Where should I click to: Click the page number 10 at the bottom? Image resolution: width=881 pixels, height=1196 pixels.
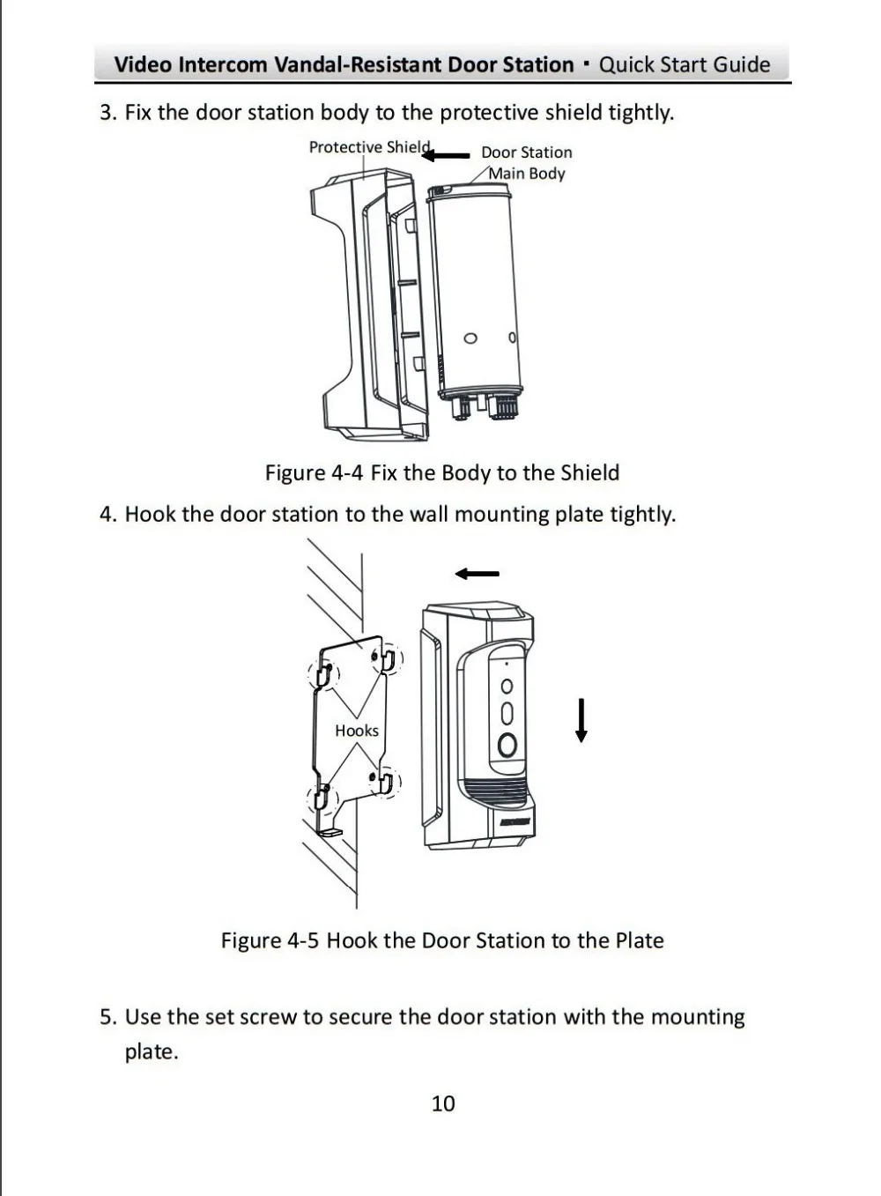[x=443, y=1103]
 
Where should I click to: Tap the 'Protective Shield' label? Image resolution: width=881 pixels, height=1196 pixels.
[x=369, y=147]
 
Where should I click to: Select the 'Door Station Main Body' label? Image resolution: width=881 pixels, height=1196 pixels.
[x=527, y=163]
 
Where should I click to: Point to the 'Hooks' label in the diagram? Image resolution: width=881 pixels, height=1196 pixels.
[x=357, y=731]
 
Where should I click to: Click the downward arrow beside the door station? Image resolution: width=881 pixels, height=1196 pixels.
[x=581, y=719]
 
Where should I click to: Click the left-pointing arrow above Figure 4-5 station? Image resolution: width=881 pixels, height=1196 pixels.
[x=477, y=575]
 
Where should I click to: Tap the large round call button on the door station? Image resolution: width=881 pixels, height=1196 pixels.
[x=507, y=745]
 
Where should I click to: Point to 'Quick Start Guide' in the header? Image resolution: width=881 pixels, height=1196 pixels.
[x=684, y=64]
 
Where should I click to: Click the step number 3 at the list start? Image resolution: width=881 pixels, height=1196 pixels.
[x=107, y=113]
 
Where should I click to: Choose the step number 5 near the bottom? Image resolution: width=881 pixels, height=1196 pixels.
[x=107, y=1017]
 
